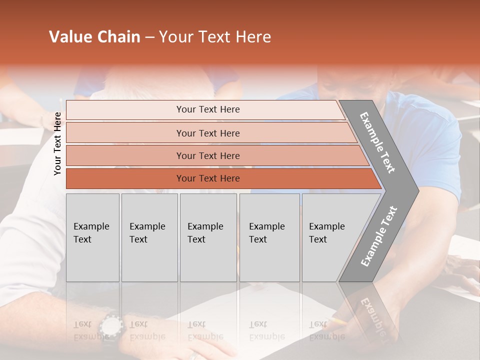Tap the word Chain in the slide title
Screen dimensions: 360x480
tap(118, 37)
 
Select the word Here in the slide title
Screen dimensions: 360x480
tap(253, 37)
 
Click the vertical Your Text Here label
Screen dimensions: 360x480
tap(57, 143)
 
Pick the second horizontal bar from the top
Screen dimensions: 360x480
tap(207, 133)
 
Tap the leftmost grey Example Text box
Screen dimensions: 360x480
tap(92, 237)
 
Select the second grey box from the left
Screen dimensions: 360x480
tap(149, 237)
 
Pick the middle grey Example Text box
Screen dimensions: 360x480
tap(208, 237)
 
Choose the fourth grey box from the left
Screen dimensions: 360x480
tap(269, 237)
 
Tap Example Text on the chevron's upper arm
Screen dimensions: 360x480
tap(377, 142)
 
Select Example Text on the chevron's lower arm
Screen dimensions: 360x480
tap(379, 236)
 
